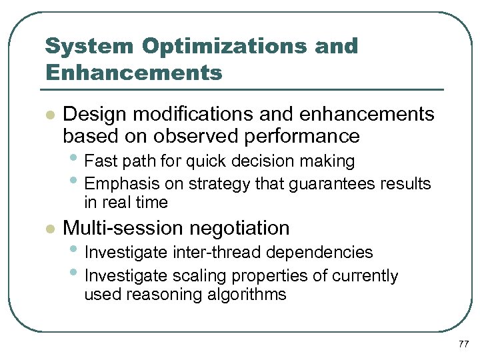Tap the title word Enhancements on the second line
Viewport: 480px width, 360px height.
point(133,72)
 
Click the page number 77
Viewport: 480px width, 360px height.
point(464,344)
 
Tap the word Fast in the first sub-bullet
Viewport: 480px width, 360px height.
point(100,161)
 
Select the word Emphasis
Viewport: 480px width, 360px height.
point(117,183)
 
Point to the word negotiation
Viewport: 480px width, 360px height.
point(240,229)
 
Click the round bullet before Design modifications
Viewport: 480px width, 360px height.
point(49,115)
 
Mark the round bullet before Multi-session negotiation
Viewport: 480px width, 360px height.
point(49,229)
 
